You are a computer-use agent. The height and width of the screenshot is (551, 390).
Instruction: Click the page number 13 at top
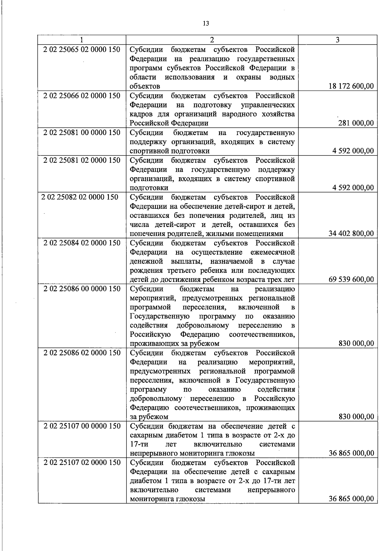[205, 23]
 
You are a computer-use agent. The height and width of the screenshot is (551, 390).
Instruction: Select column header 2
[212, 40]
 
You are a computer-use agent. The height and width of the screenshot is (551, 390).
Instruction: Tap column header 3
[338, 40]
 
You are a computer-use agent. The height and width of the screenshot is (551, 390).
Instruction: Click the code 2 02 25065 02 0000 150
[82, 50]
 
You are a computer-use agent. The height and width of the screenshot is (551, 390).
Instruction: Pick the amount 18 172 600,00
[351, 86]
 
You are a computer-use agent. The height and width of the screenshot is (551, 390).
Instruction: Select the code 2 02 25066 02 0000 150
[82, 96]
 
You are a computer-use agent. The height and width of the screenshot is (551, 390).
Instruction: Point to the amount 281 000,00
[356, 123]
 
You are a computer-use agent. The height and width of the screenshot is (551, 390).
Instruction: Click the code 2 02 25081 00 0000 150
[82, 132]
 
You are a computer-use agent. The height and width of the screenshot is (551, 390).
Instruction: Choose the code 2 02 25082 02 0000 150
[80, 197]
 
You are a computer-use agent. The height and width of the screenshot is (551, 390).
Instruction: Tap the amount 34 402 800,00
[351, 233]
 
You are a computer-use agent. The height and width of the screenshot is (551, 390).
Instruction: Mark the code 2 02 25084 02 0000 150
[82, 243]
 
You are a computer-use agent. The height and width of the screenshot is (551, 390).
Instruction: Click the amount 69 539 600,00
[351, 279]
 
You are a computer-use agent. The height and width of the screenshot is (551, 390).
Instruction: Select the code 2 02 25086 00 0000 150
[82, 289]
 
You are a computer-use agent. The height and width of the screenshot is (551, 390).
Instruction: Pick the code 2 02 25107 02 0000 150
[82, 462]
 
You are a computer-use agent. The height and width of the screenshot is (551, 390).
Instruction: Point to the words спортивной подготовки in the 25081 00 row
[170, 151]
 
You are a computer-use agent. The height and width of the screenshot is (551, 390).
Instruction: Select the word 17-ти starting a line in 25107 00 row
[139, 444]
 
